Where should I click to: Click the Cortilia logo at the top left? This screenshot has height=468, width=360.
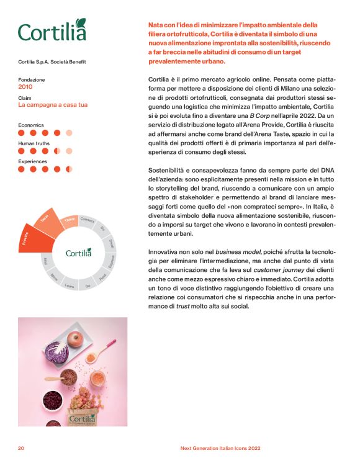pyautogui.click(x=52, y=30)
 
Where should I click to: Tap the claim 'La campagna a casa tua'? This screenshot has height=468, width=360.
pyautogui.click(x=53, y=105)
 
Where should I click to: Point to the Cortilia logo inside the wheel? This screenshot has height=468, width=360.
pyautogui.click(x=78, y=253)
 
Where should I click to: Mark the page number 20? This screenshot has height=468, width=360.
pyautogui.click(x=21, y=448)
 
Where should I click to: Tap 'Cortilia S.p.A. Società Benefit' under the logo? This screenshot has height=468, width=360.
pyautogui.click(x=52, y=61)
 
